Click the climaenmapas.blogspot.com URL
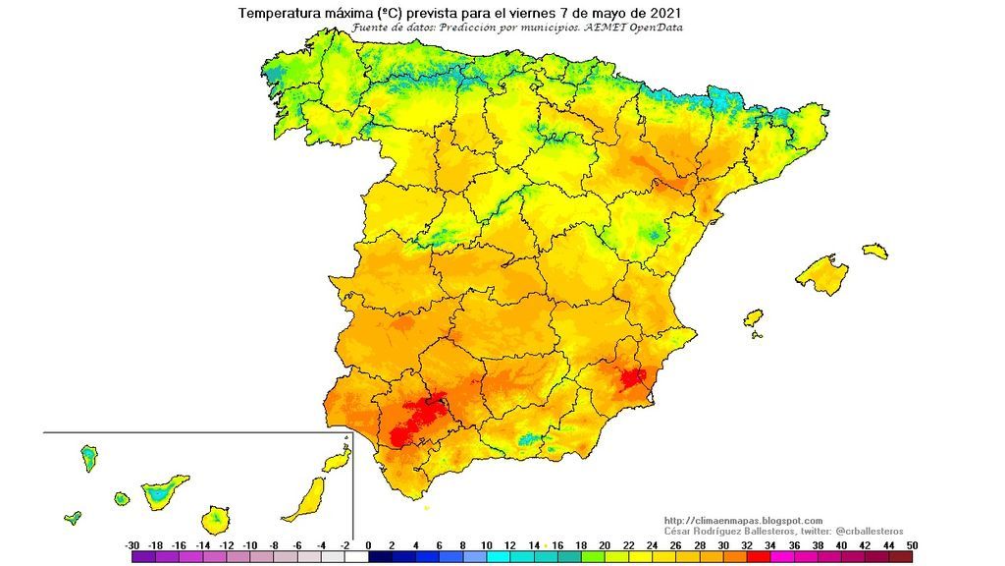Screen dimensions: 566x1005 pyautogui.click(x=743, y=520)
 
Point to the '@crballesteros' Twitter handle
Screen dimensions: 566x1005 pyautogui.click(x=870, y=531)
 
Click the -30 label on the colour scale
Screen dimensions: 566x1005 pyautogui.click(x=132, y=544)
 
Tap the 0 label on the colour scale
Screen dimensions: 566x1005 pyautogui.click(x=369, y=544)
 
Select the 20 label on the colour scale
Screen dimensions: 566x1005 pyautogui.click(x=605, y=544)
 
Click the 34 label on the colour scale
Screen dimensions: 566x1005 pyautogui.click(x=770, y=544)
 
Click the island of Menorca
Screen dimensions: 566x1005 pyautogui.click(x=874, y=251)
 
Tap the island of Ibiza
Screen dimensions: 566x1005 pyautogui.click(x=753, y=318)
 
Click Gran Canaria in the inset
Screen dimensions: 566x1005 pyautogui.click(x=217, y=518)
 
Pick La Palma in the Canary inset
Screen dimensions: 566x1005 pyautogui.click(x=88, y=457)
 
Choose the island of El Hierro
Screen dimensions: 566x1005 pyautogui.click(x=73, y=517)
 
